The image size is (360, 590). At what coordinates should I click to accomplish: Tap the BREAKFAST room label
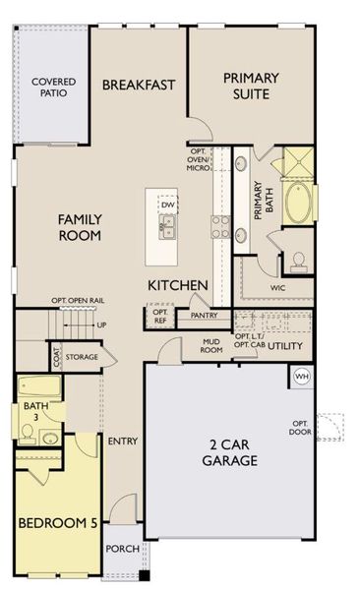(139, 85)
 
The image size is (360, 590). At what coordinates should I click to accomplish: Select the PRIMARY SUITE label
(250, 86)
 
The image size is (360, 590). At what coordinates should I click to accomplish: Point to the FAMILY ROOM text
(81, 227)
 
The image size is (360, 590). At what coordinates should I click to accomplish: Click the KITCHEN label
(177, 285)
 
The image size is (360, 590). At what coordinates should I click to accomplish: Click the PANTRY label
(204, 316)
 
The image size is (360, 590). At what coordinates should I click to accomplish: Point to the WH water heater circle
(302, 378)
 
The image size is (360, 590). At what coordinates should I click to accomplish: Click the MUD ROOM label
(211, 345)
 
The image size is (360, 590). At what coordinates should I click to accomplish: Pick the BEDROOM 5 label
(58, 523)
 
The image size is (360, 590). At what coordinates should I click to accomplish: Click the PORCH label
(122, 549)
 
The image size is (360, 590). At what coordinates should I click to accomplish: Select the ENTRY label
(122, 441)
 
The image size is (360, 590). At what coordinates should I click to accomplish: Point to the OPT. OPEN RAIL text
(79, 302)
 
